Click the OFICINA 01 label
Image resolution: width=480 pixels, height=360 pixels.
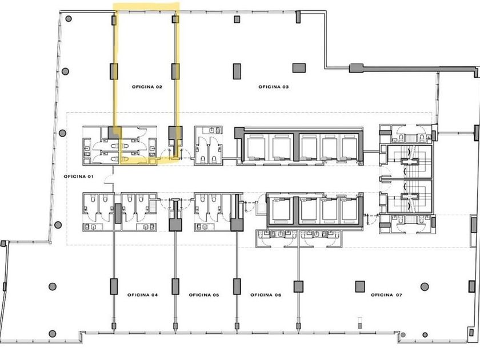click(79, 177)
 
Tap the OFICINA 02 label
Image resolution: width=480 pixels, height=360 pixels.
click(147, 87)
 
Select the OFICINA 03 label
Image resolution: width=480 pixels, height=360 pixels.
click(274, 87)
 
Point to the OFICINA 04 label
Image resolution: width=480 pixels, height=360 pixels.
click(143, 295)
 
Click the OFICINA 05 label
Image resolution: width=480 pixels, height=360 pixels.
click(204, 295)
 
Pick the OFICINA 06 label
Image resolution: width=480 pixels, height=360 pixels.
click(266, 295)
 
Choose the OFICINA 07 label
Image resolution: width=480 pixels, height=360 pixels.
click(387, 295)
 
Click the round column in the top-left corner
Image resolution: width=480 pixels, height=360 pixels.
click(69, 19)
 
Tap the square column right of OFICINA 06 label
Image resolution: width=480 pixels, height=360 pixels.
click(298, 286)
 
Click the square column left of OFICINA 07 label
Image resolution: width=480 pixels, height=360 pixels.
click(360, 286)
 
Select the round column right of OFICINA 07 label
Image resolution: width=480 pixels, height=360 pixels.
click(424, 287)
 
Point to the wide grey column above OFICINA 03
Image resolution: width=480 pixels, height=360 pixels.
click(299, 68)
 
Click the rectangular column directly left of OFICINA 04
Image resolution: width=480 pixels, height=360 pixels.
click(114, 286)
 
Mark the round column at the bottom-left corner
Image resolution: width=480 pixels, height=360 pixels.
click(53, 334)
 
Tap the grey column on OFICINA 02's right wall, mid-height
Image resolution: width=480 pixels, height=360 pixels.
click(175, 71)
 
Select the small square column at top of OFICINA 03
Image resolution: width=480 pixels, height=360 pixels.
click(237, 19)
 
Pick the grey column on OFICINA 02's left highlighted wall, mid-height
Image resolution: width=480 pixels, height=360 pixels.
click(114, 71)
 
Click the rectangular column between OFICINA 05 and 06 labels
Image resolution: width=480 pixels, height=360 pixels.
click(237, 286)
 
